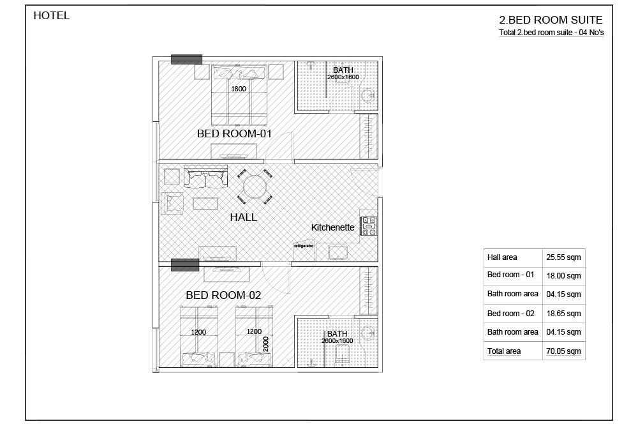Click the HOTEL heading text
(51, 15)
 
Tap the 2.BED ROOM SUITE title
(551, 20)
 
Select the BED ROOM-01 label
(234, 133)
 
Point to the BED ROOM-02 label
(223, 295)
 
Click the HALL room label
(243, 218)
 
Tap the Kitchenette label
(333, 227)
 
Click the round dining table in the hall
(255, 187)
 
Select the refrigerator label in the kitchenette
(304, 246)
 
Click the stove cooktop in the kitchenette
(369, 227)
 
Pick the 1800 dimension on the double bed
(239, 89)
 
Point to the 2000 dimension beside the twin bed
(265, 344)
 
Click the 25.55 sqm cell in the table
(563, 257)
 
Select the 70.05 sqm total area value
(563, 351)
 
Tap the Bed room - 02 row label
(510, 314)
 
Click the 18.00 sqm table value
(563, 276)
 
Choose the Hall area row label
(502, 257)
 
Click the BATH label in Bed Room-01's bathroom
(343, 70)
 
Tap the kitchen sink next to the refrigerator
(338, 252)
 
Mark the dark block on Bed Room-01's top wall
(186, 59)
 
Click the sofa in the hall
(205, 177)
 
